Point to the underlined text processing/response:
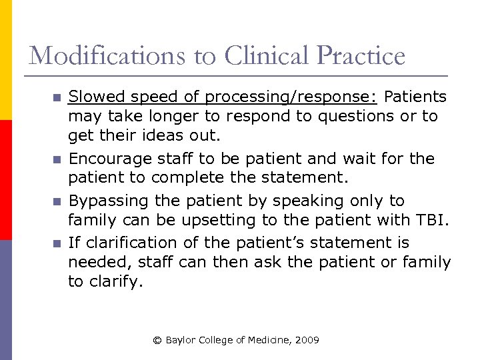click(291, 97)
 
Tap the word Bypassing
click(109, 201)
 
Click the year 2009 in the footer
click(307, 340)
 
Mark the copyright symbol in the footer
click(157, 340)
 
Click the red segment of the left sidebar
click(5, 180)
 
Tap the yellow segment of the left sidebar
click(5, 60)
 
